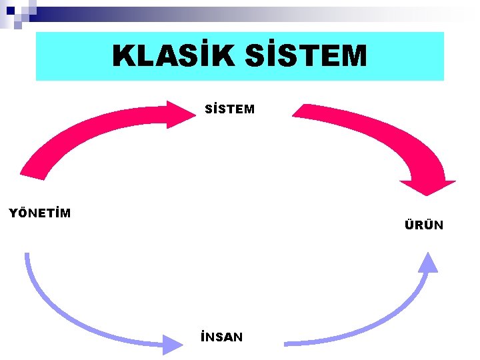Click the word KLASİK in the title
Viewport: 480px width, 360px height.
coord(172,56)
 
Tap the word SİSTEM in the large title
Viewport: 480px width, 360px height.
coord(305,56)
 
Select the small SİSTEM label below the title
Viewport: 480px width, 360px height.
coord(230,109)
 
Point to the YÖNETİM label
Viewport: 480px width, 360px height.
coord(39,213)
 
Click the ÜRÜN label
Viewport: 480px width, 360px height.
coord(423,225)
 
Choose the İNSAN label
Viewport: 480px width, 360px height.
coord(221,337)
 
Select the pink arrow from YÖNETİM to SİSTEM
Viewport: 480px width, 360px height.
coord(87,137)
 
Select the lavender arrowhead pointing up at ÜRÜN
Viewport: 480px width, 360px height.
coord(427,263)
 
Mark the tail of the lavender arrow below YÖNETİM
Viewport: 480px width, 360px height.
coord(27,257)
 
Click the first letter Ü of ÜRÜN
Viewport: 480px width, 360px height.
coord(409,225)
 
